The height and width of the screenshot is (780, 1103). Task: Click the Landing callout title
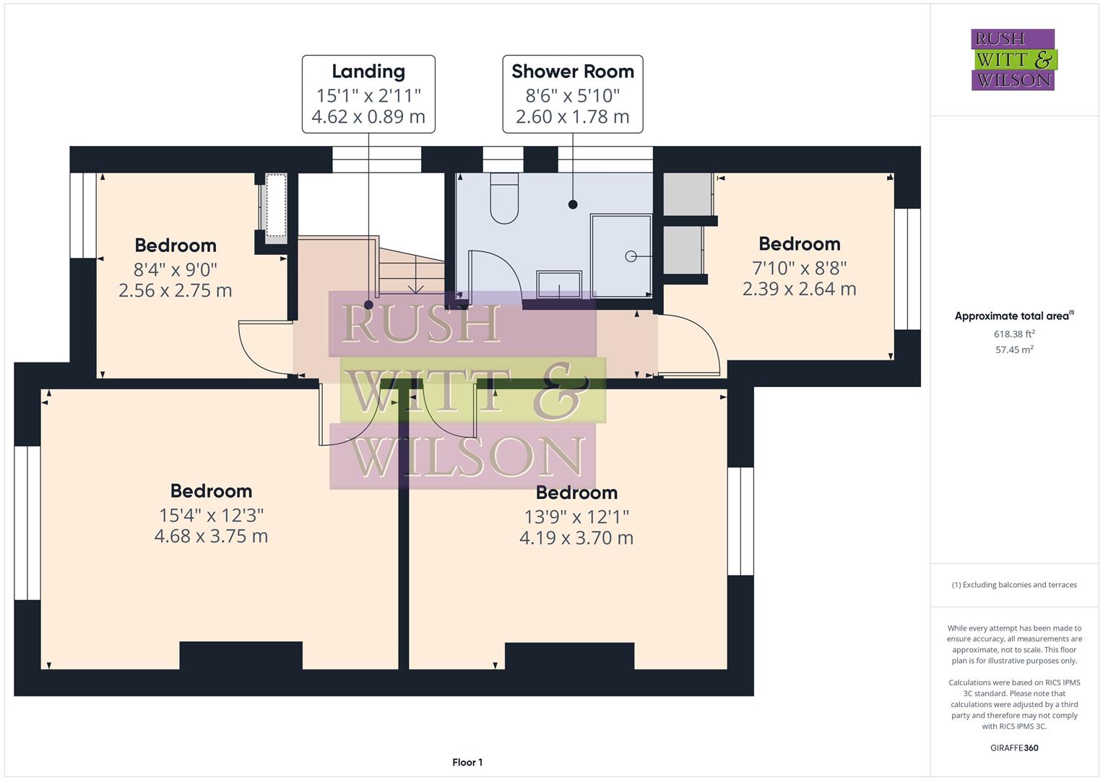(x=368, y=71)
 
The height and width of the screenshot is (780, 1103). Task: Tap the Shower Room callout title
(x=572, y=71)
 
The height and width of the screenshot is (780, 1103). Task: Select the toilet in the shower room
(x=504, y=198)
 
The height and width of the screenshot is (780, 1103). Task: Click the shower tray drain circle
(x=631, y=256)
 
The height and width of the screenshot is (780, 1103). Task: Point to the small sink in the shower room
(x=559, y=283)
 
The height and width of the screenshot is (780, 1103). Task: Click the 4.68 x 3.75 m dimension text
(x=211, y=536)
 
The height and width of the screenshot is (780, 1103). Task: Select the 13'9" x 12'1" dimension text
(x=576, y=516)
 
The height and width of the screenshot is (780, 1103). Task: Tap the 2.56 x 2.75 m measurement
(x=176, y=290)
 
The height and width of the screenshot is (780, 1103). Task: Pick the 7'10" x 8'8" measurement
(x=799, y=268)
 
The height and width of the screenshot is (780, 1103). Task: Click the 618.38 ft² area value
(x=1014, y=334)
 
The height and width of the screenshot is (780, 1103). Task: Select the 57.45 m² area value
(x=1014, y=350)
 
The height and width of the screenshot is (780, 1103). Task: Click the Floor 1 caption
(x=467, y=762)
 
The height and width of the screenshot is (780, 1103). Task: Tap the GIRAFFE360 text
(x=1014, y=747)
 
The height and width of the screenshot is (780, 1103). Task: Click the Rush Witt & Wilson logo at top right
(x=1013, y=60)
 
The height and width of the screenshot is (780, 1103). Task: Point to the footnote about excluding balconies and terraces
(x=1014, y=585)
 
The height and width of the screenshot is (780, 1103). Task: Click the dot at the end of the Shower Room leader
(x=573, y=204)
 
